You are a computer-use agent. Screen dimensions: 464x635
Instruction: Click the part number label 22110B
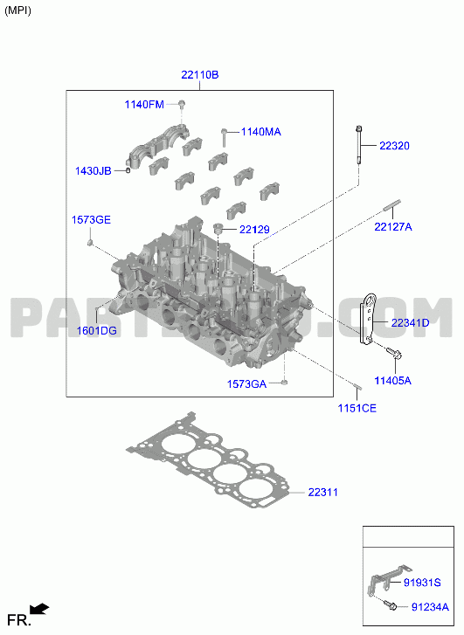pos(200,75)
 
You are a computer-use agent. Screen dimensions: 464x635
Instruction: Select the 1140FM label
pos(144,105)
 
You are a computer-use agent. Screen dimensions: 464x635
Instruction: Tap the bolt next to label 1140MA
pos(224,138)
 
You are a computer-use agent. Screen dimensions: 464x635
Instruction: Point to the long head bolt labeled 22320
pos(359,145)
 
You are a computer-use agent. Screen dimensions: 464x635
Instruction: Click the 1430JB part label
pos(93,171)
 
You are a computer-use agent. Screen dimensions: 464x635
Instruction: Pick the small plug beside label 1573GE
pos(90,243)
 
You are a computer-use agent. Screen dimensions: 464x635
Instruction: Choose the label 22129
pos(254,230)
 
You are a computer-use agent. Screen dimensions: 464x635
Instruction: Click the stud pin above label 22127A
pos(391,205)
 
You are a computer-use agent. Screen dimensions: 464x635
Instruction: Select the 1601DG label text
pos(97,331)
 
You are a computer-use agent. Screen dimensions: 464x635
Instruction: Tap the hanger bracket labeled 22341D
pos(368,320)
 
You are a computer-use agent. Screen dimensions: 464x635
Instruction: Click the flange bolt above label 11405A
pos(394,353)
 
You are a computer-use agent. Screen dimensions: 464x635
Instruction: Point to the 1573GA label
pos(246,384)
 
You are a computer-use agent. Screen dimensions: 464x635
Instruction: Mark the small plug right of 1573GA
pos(284,382)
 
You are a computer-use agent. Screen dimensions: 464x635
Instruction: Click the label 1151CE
pos(357,408)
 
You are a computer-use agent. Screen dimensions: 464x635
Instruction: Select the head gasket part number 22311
pos(323,493)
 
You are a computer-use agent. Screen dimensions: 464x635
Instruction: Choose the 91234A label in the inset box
pos(431,607)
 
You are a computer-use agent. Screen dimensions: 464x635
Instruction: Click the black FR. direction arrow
pos(39,609)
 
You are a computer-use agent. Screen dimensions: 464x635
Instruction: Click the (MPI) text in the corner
pos(17,10)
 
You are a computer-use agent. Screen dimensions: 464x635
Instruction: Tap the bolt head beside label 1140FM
pos(182,103)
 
